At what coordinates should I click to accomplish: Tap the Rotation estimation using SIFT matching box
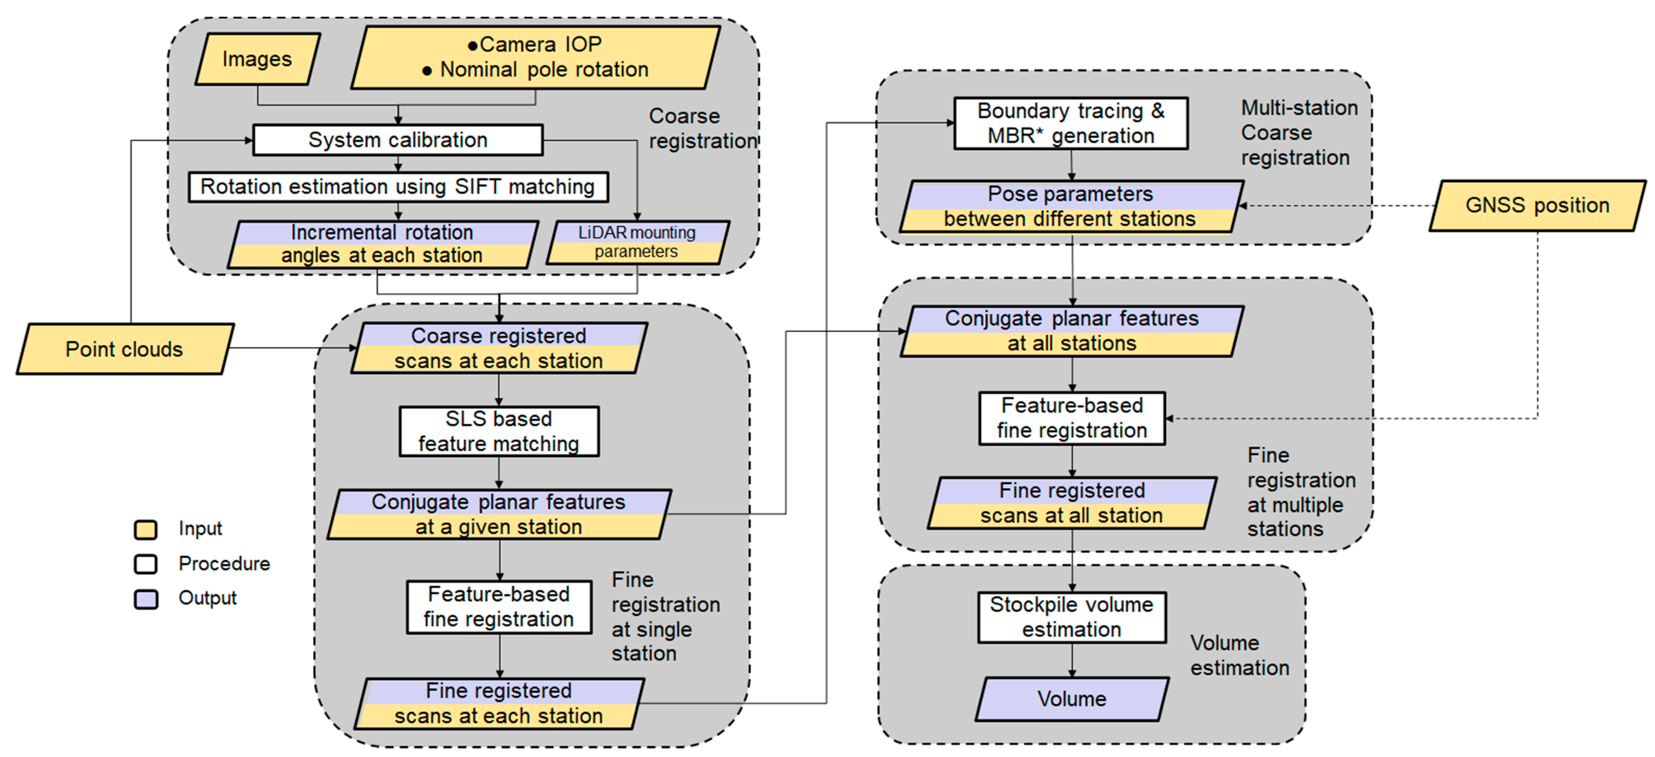tap(398, 187)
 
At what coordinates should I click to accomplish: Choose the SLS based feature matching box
tap(499, 431)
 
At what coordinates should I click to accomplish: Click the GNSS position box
tap(1537, 206)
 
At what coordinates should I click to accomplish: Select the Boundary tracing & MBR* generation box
tap(1071, 124)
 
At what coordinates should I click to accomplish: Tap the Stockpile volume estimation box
tap(1072, 617)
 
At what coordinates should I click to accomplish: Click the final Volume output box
tap(1072, 699)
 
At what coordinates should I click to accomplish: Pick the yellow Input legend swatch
tap(146, 529)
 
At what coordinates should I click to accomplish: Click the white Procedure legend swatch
tap(146, 563)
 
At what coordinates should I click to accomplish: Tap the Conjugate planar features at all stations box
tap(1072, 331)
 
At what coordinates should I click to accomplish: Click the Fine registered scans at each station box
tap(499, 703)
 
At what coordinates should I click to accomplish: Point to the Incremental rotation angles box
tap(382, 244)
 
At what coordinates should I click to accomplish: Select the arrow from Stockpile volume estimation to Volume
tap(1072, 660)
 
